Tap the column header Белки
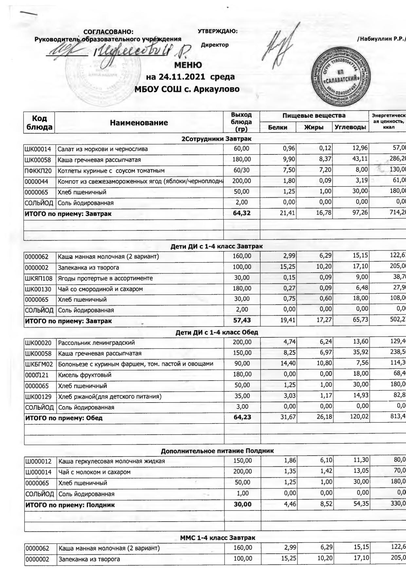click(x=278, y=127)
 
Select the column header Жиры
click(x=314, y=127)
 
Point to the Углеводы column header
click(x=350, y=127)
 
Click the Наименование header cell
click(x=139, y=123)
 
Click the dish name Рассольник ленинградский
click(x=96, y=343)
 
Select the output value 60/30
click(x=242, y=170)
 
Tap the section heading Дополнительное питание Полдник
click(x=217, y=451)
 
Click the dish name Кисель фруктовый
click(x=84, y=375)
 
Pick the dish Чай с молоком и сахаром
click(x=94, y=472)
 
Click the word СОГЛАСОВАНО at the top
click(x=108, y=32)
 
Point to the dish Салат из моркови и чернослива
click(x=102, y=149)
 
